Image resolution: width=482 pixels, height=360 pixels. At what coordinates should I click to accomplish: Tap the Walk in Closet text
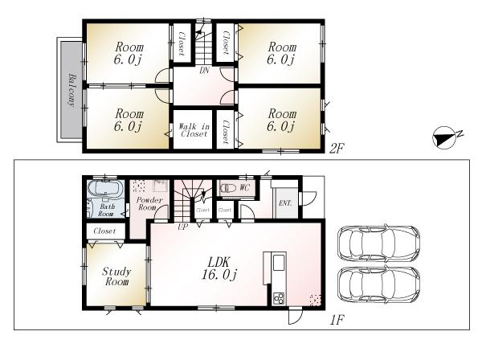194,130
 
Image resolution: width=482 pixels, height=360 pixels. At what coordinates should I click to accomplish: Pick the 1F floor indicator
338,320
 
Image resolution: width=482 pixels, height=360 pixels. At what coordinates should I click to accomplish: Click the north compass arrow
443,137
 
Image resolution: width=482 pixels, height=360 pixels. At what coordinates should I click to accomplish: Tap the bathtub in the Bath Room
103,191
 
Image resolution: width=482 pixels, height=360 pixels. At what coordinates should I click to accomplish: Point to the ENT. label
284,203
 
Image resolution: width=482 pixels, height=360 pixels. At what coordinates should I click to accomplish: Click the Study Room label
116,277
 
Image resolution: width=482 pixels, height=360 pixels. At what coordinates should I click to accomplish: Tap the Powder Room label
149,204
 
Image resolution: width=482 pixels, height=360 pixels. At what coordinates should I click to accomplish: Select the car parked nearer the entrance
378,241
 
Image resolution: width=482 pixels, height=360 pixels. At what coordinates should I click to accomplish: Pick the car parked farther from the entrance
378,285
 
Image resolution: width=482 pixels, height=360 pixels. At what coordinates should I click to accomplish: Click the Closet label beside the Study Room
104,231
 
